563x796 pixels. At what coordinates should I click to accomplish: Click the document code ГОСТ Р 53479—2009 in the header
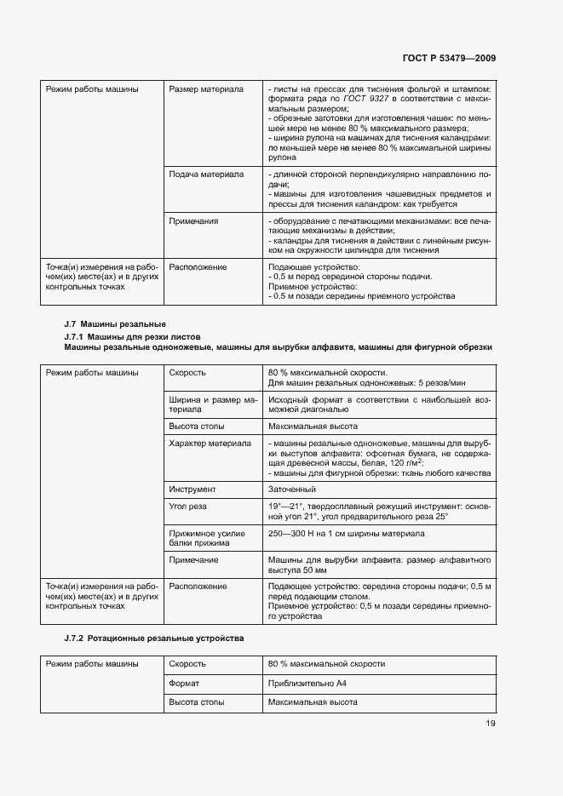[449, 58]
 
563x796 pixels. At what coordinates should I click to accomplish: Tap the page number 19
[491, 724]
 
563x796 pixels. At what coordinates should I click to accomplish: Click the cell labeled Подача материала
[206, 174]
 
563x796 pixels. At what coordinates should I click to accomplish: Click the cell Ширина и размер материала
[213, 404]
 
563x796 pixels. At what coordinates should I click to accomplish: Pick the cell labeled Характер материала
[210, 444]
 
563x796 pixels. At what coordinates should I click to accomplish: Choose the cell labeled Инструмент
[192, 490]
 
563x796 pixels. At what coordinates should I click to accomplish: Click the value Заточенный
[292, 490]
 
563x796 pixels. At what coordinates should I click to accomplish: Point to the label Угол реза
[188, 507]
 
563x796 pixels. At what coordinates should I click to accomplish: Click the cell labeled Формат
[184, 683]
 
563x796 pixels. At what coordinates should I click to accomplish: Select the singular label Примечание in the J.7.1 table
[194, 560]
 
